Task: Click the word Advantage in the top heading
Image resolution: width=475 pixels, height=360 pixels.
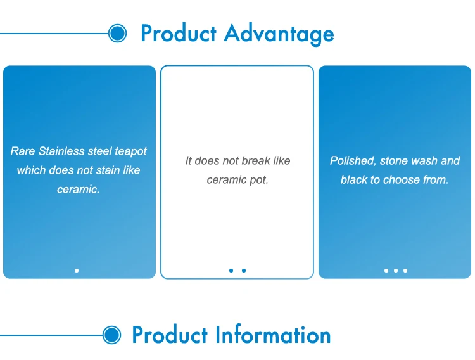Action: pos(279,34)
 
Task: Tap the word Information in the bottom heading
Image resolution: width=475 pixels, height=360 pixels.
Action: pos(273,335)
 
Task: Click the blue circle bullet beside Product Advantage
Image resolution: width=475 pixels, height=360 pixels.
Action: pos(118,34)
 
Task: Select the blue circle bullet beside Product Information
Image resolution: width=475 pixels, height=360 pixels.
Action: pos(111,335)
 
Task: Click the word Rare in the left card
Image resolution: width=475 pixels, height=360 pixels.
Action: pos(23,151)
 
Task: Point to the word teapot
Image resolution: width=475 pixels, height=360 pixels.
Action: pos(130,151)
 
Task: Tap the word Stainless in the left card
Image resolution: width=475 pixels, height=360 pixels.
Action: pos(61,151)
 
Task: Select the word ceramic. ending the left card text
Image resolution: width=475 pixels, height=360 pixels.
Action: pos(78,190)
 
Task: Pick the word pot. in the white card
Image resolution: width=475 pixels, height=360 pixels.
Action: pos(259,180)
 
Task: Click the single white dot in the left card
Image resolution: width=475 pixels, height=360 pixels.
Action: pos(77,271)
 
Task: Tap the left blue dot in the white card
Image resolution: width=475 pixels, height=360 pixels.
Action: pos(231,271)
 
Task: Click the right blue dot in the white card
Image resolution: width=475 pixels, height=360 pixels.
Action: pos(244,271)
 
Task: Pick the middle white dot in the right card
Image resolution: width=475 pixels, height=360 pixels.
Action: pos(396,271)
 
